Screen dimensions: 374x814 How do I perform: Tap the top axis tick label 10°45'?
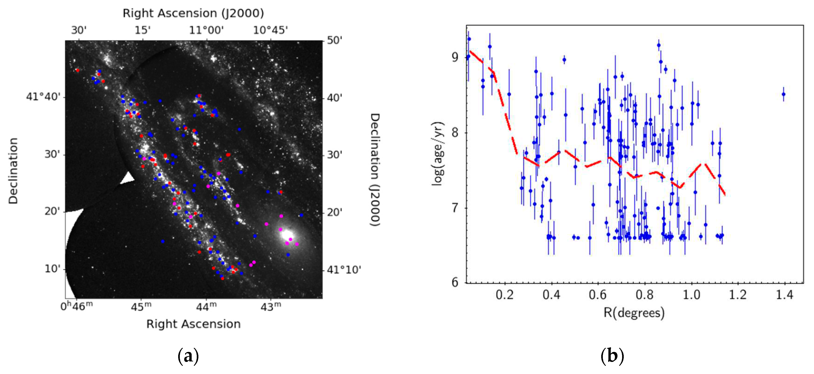(270, 30)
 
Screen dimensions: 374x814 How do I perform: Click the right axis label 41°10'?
(344, 270)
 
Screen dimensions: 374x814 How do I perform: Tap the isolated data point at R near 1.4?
(783, 94)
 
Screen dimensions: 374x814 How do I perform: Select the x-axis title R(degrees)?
(634, 313)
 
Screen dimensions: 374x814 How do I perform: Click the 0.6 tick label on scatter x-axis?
(597, 295)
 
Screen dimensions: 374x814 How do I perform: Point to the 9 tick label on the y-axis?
(455, 57)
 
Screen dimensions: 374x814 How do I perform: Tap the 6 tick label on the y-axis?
(455, 282)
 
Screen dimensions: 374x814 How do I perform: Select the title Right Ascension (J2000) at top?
(193, 13)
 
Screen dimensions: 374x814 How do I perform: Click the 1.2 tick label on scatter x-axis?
(738, 295)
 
